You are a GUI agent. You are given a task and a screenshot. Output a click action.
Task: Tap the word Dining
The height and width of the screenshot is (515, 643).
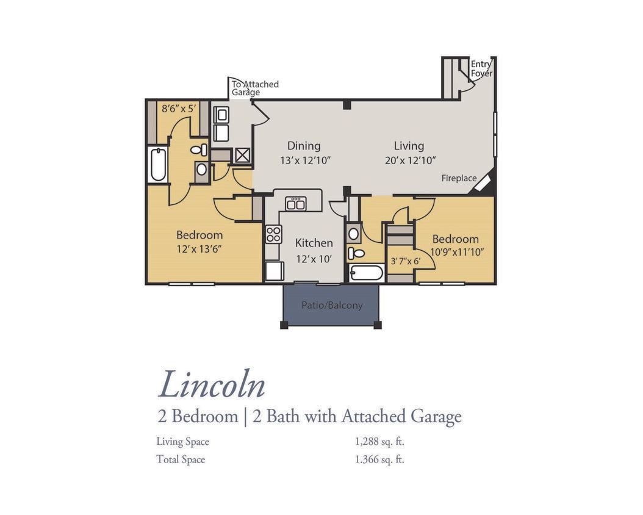[304, 146]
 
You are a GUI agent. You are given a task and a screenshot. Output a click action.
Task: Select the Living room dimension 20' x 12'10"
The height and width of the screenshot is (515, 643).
[409, 160]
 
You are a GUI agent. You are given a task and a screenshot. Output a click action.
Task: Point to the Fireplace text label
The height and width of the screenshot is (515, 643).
[459, 178]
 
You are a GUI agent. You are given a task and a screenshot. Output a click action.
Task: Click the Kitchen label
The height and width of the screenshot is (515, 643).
[314, 243]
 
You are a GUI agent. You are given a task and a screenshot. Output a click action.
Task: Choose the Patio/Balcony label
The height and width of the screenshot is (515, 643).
[332, 305]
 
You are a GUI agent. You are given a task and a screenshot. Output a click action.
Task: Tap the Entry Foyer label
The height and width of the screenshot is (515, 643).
[481, 68]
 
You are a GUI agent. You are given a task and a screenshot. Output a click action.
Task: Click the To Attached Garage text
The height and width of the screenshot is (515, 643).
[254, 88]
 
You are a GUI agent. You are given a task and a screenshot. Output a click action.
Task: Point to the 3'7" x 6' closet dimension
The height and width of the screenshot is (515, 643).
[406, 261]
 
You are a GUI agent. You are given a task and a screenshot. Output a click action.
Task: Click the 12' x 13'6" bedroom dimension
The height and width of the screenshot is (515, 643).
[199, 249]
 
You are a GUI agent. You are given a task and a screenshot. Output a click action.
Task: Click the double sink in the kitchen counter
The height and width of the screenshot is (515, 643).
[296, 203]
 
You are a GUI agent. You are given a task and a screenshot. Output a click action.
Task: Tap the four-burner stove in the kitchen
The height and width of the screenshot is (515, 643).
[273, 234]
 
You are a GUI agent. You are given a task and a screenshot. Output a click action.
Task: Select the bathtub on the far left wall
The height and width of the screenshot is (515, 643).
[158, 165]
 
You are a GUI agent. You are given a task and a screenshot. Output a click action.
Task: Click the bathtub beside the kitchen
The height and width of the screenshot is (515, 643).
[367, 272]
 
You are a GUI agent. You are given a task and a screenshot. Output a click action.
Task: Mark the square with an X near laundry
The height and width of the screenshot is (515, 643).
[242, 155]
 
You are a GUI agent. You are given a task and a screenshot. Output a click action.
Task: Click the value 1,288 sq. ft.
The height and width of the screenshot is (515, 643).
[379, 441]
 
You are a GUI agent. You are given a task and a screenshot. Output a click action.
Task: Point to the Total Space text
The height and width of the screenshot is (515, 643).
[181, 459]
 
